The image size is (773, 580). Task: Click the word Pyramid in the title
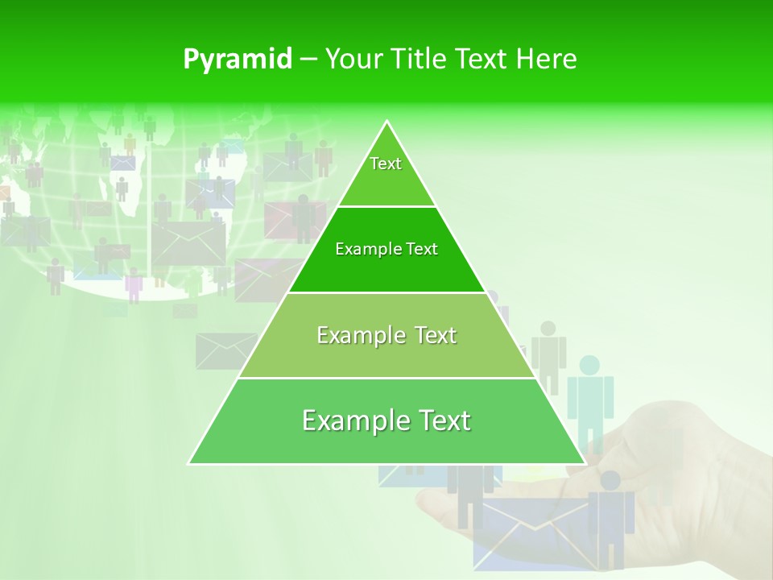tap(238, 60)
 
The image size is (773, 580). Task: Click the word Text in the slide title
tap(482, 60)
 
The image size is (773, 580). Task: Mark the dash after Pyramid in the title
tap(308, 60)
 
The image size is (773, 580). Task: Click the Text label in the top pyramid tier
tap(386, 164)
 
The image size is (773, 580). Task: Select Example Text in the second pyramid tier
tap(386, 249)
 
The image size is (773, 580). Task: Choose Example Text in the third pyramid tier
tap(386, 335)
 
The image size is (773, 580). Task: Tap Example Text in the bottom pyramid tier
tap(386, 420)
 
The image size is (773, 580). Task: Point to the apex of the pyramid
tap(387, 122)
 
